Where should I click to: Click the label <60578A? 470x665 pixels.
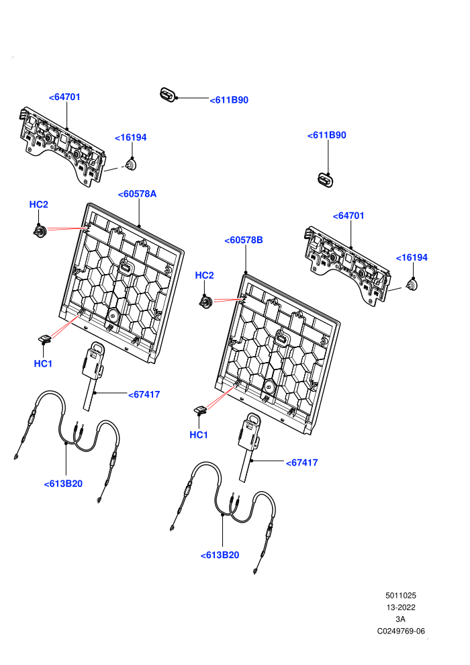[137, 194]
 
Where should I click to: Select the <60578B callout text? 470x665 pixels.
[244, 240]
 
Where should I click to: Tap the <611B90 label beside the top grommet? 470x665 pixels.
[229, 100]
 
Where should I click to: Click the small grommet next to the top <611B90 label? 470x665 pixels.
[168, 95]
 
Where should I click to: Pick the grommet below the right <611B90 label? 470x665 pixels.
[325, 180]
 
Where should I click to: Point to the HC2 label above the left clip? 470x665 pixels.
[38, 204]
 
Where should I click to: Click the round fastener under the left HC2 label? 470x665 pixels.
[40, 231]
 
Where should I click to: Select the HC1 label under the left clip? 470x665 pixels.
[43, 363]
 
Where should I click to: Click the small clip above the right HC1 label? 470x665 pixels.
[201, 410]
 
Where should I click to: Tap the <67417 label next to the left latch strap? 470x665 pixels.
[144, 394]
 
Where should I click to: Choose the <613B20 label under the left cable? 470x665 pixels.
[63, 484]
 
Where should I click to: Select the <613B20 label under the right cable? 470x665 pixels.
[220, 555]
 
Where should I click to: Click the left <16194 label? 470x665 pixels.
[130, 138]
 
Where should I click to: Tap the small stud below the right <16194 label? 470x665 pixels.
[412, 285]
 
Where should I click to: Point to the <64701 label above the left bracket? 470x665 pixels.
[64, 97]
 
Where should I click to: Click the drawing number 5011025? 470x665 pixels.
[401, 595]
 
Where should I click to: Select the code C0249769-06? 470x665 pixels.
[401, 631]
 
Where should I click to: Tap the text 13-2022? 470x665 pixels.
[401, 607]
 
